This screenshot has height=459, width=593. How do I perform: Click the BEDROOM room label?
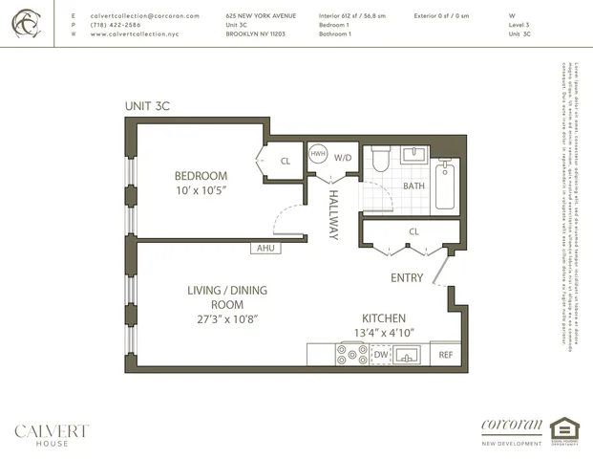pyautogui.click(x=201, y=176)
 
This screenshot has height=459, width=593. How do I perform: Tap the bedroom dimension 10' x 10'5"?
pyautogui.click(x=201, y=191)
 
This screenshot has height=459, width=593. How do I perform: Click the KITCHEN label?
pyautogui.click(x=383, y=318)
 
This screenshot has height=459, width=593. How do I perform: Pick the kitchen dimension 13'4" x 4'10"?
pyautogui.click(x=383, y=333)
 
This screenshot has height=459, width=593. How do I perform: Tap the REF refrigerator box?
pyautogui.click(x=445, y=355)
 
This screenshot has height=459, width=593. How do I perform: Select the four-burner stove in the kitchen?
pyautogui.click(x=351, y=355)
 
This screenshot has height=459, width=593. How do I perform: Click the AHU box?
pyautogui.click(x=265, y=249)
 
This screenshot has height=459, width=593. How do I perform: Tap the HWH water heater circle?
pyautogui.click(x=318, y=154)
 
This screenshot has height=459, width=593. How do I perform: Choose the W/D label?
pyautogui.click(x=342, y=157)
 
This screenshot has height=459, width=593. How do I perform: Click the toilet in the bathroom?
pyautogui.click(x=379, y=159)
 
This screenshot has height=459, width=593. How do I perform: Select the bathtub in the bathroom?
pyautogui.click(x=446, y=186)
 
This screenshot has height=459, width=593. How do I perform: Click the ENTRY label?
pyautogui.click(x=408, y=278)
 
